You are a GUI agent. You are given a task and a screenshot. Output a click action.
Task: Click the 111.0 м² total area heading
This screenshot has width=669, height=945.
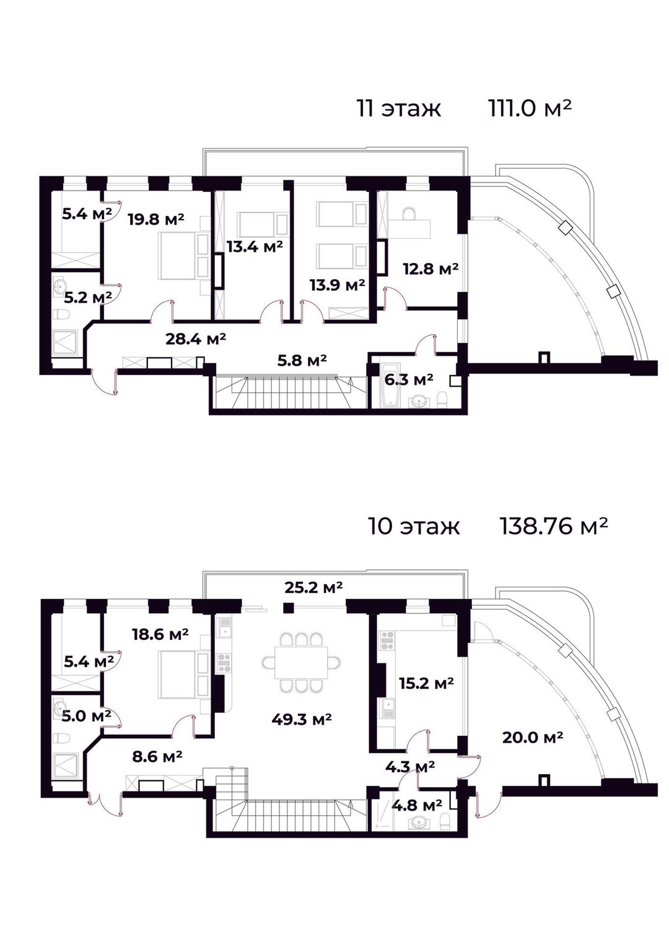click(x=530, y=108)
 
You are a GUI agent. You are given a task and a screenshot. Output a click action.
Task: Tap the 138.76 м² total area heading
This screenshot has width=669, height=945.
click(x=554, y=527)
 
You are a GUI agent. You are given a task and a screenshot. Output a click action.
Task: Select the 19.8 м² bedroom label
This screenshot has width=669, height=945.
click(x=156, y=219)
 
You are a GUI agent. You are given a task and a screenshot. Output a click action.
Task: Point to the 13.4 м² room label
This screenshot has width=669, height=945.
click(x=255, y=246)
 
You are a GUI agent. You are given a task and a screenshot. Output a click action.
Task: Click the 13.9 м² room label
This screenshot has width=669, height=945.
click(x=337, y=285)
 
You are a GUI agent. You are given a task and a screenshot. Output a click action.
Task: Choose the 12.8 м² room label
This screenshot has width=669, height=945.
click(x=431, y=269)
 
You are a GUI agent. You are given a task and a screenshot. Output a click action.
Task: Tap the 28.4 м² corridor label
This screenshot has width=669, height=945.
click(x=196, y=339)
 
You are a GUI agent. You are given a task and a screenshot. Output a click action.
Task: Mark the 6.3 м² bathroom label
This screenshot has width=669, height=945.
click(x=409, y=380)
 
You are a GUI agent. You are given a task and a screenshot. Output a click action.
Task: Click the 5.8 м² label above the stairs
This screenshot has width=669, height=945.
click(x=302, y=360)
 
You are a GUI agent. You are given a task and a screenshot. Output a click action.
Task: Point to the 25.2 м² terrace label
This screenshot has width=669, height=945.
click(x=313, y=587)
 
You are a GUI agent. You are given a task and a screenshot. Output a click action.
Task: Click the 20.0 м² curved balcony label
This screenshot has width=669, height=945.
click(x=533, y=737)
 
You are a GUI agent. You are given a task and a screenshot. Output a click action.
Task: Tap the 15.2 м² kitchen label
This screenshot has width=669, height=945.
click(x=427, y=683)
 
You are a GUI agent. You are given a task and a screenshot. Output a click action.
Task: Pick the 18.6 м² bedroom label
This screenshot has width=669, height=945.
click(x=160, y=634)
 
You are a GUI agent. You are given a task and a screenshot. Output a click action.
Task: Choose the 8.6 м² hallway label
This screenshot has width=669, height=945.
click(x=157, y=756)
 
